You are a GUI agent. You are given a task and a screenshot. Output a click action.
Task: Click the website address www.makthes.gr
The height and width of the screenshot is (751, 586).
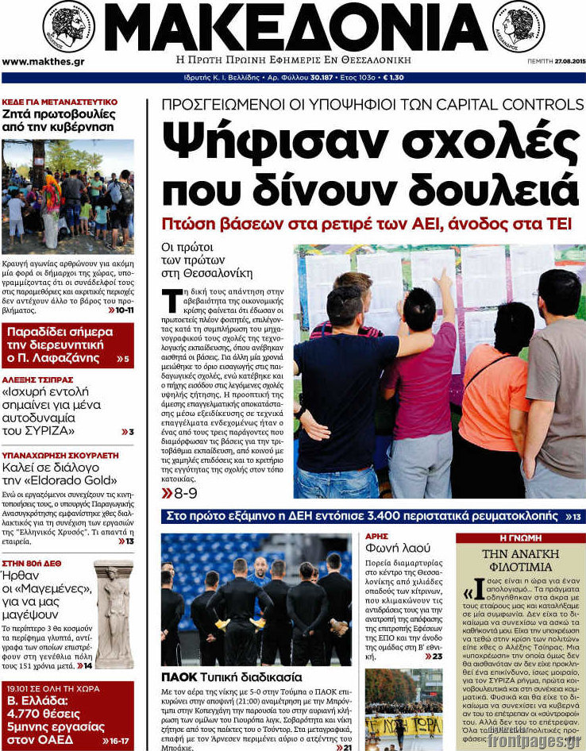click(44, 61)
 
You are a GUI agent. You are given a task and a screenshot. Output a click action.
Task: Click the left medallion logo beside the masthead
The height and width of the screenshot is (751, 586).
click(67, 28)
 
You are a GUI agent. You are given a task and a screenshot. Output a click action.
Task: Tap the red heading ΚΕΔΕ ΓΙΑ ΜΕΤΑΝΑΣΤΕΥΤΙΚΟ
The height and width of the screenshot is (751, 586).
click(60, 102)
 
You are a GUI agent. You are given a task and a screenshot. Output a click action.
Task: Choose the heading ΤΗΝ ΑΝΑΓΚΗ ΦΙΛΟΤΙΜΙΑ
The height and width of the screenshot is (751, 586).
click(520, 560)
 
